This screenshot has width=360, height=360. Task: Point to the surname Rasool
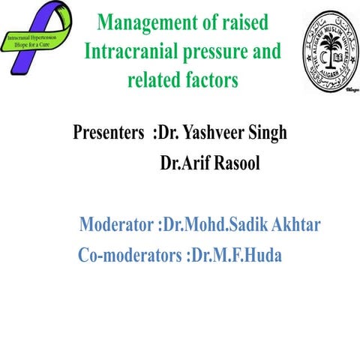pos(235,163)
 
